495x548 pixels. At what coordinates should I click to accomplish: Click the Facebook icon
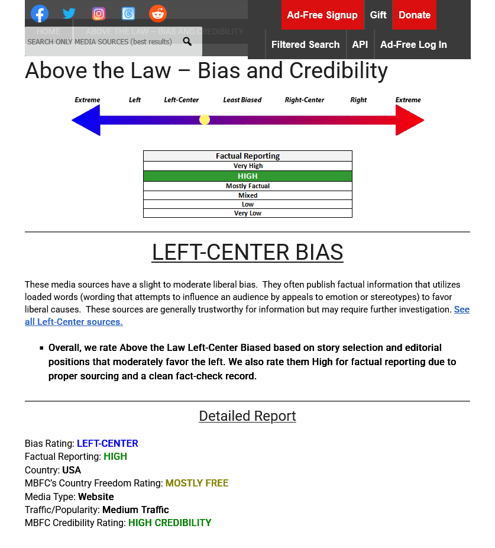pos(40,14)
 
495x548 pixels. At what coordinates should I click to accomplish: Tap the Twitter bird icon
pos(69,14)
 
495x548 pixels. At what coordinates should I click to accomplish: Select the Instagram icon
pos(99,14)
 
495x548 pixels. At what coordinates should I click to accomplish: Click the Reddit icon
pos(158,14)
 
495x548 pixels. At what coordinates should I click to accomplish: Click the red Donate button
pos(414,15)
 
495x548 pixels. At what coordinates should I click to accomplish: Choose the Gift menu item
pos(378,15)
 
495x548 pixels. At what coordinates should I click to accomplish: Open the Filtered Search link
pos(305,44)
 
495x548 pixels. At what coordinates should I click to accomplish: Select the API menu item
pos(360,44)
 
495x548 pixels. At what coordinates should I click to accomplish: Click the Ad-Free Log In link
pos(413,44)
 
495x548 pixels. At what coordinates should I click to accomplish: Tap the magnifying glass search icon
pos(187,41)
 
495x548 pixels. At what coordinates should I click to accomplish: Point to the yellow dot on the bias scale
pos(205,120)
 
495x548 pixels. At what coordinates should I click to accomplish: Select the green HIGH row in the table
pos(248,176)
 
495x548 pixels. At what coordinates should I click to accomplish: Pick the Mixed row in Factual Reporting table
pos(248,195)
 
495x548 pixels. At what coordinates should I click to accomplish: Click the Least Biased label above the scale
pos(242,100)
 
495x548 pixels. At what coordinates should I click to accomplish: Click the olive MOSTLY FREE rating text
pos(196,483)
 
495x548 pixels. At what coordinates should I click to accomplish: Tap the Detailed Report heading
pos(247,416)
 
